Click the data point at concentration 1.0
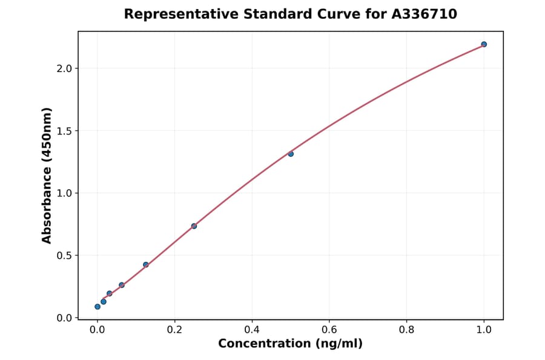point(484,44)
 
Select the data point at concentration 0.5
point(291,154)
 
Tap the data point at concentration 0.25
point(194,226)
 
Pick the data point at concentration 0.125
point(146,265)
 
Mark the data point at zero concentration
point(97,307)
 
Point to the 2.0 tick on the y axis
point(64,68)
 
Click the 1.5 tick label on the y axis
point(64,131)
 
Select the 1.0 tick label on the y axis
point(64,193)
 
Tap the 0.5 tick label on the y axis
point(64,256)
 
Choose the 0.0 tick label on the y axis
point(64,318)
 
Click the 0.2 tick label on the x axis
point(174,330)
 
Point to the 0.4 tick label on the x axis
point(252,330)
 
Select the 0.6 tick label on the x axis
point(329,330)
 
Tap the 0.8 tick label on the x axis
point(406,330)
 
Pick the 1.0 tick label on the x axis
point(484,330)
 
